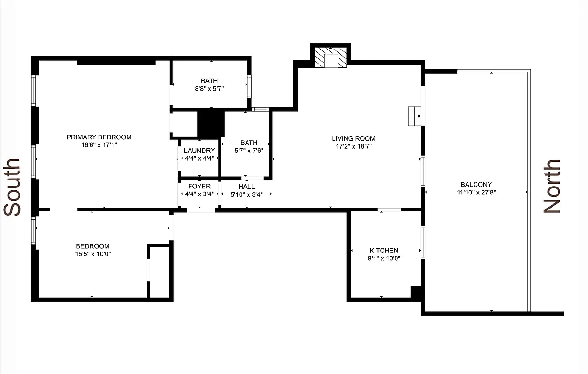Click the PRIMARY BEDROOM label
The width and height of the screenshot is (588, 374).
point(99,137)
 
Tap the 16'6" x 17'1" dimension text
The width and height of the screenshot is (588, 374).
point(99,145)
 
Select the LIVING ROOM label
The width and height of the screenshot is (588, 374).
point(354,138)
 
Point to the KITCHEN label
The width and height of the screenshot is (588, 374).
point(384,251)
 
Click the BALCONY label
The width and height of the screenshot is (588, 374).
point(476,185)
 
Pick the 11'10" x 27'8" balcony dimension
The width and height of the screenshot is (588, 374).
point(476,192)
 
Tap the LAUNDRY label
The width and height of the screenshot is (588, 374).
point(199,151)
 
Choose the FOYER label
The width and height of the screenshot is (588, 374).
point(199,186)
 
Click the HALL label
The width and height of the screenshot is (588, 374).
point(246,186)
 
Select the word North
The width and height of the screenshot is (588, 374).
point(552,186)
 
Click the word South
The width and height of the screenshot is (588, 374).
point(13,187)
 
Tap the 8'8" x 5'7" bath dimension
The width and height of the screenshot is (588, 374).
point(210,89)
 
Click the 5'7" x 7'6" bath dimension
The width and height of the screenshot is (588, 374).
point(249,151)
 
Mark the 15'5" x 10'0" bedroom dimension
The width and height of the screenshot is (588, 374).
point(92,254)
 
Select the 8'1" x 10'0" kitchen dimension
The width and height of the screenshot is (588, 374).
point(384,258)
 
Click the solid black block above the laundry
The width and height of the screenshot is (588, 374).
point(211,123)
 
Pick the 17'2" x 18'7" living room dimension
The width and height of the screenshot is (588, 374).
point(354,146)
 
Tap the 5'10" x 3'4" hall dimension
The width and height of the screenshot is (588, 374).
point(246,194)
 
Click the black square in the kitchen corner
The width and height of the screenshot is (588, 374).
point(416,292)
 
